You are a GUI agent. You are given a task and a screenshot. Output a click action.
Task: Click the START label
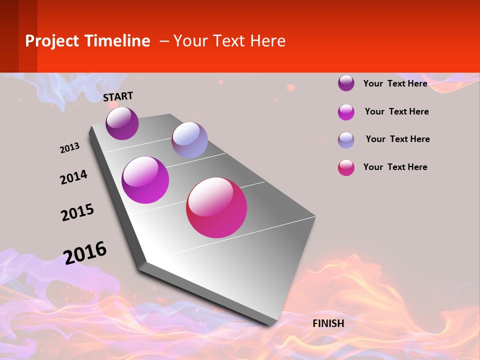tap(118, 96)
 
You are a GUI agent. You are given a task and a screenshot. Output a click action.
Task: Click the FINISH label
tap(328, 323)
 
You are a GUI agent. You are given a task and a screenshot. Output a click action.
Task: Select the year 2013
tap(69, 148)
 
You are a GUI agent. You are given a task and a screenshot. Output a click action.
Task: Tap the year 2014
tap(73, 177)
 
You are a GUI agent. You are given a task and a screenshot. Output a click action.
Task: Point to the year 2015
tap(77, 212)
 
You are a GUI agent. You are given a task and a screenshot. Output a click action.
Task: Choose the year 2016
tap(85, 252)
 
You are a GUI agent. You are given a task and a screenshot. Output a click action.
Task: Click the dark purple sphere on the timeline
tap(122, 123)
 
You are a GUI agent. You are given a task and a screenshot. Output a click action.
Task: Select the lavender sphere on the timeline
tap(189, 140)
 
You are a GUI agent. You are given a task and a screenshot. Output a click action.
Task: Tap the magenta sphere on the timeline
tap(145, 180)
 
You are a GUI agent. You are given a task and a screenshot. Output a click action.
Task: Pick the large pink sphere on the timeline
tap(216, 207)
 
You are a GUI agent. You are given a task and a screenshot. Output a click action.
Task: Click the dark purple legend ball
tap(346, 83)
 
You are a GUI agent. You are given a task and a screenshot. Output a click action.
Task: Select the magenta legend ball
tap(346, 112)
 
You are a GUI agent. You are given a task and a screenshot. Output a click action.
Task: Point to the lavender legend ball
tap(346, 140)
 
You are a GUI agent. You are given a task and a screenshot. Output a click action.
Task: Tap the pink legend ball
tap(346, 167)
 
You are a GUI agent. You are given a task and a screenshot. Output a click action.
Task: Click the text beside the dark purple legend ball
tap(395, 83)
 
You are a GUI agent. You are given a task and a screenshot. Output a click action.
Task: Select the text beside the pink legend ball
tap(395, 167)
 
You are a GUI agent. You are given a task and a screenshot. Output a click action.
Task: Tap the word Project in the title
tap(51, 41)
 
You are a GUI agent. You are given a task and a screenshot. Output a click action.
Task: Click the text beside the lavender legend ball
tap(397, 139)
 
